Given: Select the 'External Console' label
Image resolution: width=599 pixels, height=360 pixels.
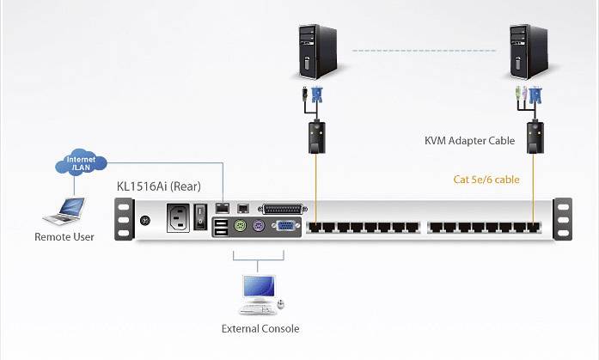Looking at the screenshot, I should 260,328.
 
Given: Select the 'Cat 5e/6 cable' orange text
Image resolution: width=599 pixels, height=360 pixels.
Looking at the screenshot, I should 486,180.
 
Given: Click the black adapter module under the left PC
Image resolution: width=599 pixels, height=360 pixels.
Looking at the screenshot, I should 315,137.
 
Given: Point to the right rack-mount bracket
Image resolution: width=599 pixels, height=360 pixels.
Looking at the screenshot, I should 563,219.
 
